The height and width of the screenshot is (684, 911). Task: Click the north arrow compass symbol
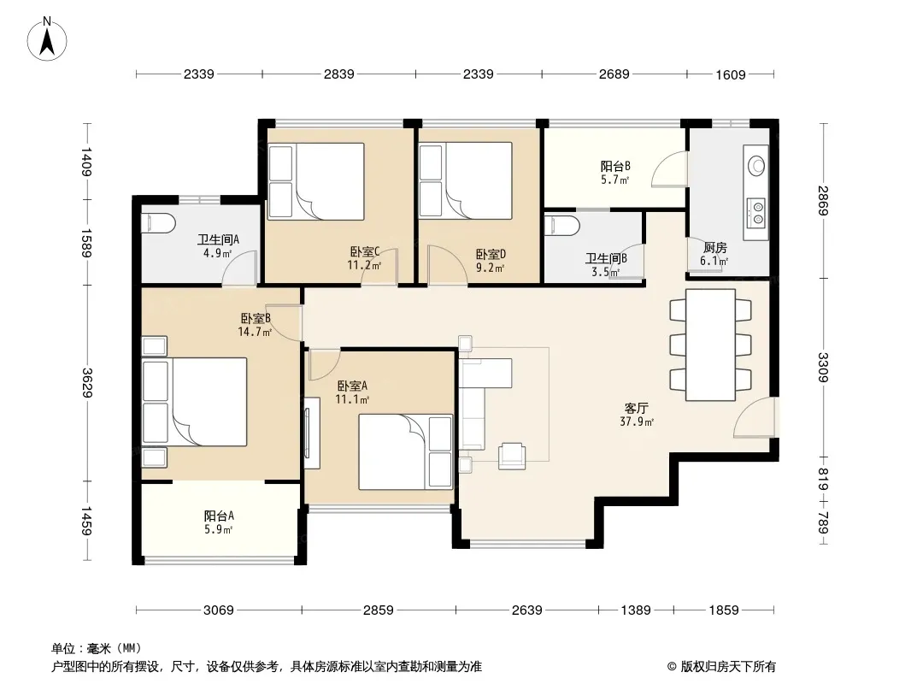pyautogui.click(x=47, y=39)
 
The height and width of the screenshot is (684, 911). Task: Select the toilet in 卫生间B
pyautogui.click(x=562, y=226)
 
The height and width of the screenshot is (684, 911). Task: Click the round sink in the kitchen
pyautogui.click(x=756, y=165)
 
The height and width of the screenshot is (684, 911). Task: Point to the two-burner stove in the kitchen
pyautogui.click(x=756, y=211)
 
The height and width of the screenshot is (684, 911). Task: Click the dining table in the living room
pyautogui.click(x=710, y=345)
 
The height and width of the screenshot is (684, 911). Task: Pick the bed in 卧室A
pyautogui.click(x=406, y=451)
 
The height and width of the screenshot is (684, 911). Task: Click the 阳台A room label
pyautogui.click(x=219, y=516)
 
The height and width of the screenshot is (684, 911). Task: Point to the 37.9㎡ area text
pyautogui.click(x=637, y=422)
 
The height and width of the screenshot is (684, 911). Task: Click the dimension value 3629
pyautogui.click(x=87, y=383)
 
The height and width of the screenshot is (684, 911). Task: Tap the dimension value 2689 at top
pyautogui.click(x=614, y=74)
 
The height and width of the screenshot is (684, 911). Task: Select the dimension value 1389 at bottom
pyautogui.click(x=636, y=610)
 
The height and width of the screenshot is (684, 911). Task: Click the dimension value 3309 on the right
pyautogui.click(x=823, y=368)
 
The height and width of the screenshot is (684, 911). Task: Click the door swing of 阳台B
pyautogui.click(x=670, y=168)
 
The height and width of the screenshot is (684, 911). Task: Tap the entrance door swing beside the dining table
pyautogui.click(x=754, y=417)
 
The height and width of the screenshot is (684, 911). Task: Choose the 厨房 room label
pyautogui.click(x=714, y=248)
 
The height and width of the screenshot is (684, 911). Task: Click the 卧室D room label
pyautogui.click(x=491, y=254)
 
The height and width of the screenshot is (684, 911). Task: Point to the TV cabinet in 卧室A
pyautogui.click(x=312, y=433)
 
